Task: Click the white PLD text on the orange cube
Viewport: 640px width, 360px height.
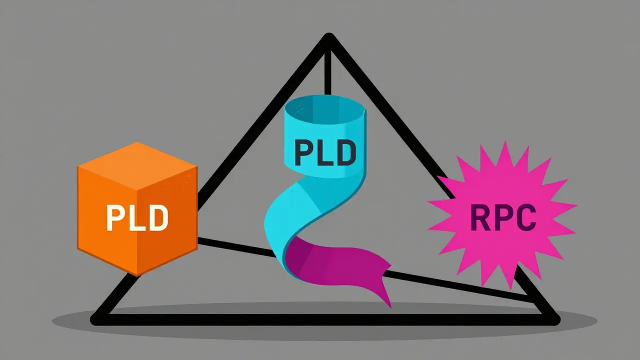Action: [x=137, y=217]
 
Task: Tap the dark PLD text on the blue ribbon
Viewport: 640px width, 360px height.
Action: [x=325, y=152]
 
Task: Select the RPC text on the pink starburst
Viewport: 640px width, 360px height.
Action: [x=503, y=217]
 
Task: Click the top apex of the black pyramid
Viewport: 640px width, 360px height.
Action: [x=329, y=36]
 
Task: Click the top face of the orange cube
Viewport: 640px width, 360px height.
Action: [x=137, y=165]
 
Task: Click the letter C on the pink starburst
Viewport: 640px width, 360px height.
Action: [x=525, y=217]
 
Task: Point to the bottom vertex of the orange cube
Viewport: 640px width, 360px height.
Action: [x=137, y=275]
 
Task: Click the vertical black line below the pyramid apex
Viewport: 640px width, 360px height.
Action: [x=327, y=73]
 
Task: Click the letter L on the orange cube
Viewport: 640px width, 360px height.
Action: [x=137, y=217]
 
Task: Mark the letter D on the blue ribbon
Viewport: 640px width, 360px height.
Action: [x=346, y=152]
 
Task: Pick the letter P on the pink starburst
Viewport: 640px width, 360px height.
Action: [x=503, y=217]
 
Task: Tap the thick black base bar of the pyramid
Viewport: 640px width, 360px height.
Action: [x=325, y=319]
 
